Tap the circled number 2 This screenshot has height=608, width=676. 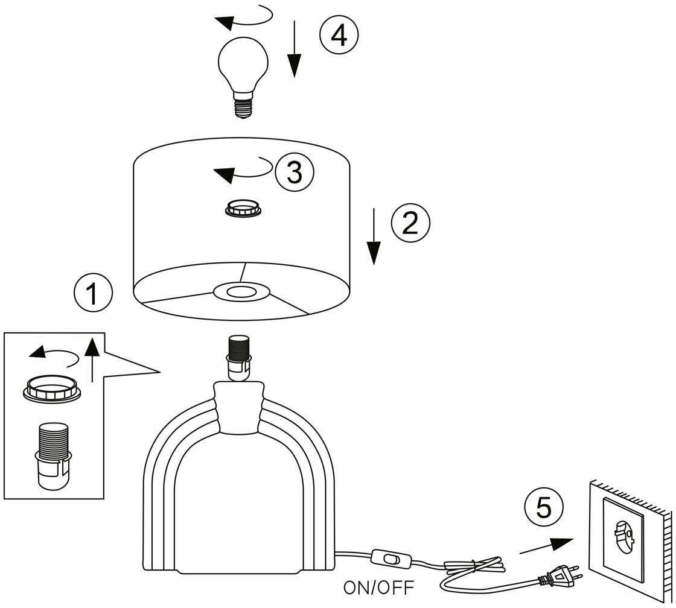pos(410,223)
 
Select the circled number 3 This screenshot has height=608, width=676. pos(295,173)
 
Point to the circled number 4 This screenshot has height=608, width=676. pos(339,36)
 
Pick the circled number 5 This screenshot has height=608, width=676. pos(544,507)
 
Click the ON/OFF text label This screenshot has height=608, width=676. pos(379,586)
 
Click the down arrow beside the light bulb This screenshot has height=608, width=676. pos(294,49)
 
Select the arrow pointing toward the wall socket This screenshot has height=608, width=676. pos(546,546)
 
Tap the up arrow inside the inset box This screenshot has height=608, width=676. pos(91,360)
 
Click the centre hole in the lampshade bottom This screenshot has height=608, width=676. pos(241,293)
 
